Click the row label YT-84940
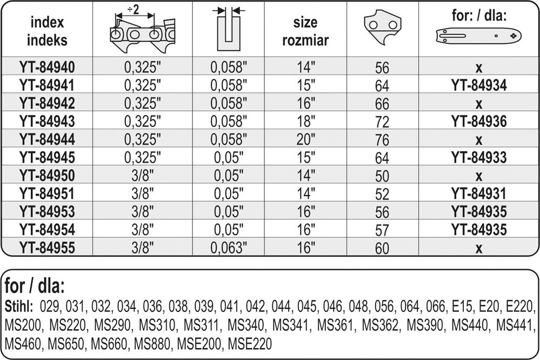click(x=47, y=67)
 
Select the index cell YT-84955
click(x=47, y=248)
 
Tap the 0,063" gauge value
click(x=229, y=248)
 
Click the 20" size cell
click(x=306, y=139)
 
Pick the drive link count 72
click(x=382, y=122)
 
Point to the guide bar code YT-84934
click(x=479, y=85)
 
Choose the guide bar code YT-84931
click(x=479, y=194)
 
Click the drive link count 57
click(x=382, y=230)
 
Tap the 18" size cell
click(x=306, y=121)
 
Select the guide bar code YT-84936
click(x=479, y=121)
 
